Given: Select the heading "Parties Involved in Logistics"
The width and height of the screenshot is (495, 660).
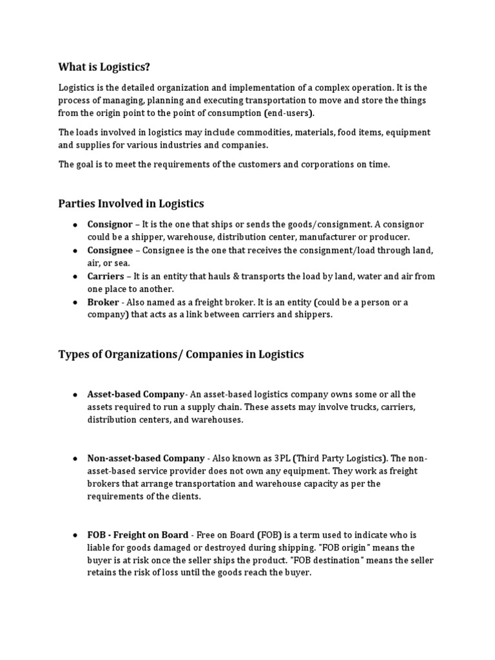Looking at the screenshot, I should tap(131, 204).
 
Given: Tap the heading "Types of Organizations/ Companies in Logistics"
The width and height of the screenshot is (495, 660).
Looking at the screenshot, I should tap(181, 354).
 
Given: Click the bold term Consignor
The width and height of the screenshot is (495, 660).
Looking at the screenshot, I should tap(110, 224).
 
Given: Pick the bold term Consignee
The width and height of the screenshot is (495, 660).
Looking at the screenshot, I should tap(110, 250).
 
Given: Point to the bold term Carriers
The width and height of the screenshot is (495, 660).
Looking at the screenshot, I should tap(106, 276).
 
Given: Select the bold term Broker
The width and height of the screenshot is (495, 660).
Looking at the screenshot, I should tap(103, 302).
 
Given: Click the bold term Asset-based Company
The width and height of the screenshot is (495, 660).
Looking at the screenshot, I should tap(136, 394).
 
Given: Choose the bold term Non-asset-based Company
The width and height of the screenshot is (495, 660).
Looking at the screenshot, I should tap(146, 458).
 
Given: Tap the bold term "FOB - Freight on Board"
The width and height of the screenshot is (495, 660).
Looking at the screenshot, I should tap(138, 535).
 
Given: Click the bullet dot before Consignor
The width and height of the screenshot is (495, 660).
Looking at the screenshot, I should tap(75, 224).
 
